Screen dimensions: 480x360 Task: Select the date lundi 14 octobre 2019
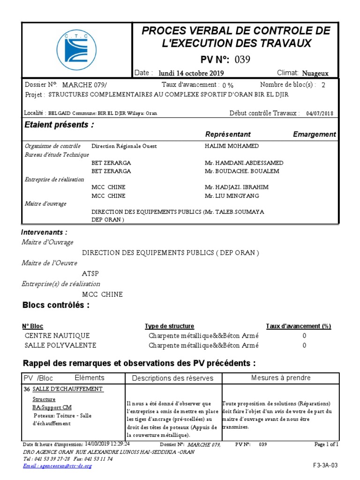[x=191, y=73]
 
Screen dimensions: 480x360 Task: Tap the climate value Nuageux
[x=315, y=73]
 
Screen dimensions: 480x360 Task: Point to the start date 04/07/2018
[x=320, y=113]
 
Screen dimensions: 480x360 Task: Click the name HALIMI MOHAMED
[x=232, y=146]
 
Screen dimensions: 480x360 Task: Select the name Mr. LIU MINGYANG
[x=232, y=195]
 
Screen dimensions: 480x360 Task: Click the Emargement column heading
[x=314, y=135]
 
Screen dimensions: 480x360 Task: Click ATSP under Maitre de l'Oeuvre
[x=90, y=274]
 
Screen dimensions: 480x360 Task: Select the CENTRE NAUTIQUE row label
[x=57, y=336]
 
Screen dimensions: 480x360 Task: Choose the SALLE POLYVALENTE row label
[x=60, y=345]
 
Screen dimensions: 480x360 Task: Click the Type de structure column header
[x=169, y=326]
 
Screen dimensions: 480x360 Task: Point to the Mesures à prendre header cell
[x=281, y=378]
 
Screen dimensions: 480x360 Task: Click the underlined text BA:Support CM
[x=52, y=407]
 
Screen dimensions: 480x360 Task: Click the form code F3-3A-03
[x=325, y=465]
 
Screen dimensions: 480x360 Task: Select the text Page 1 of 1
[x=326, y=444]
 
